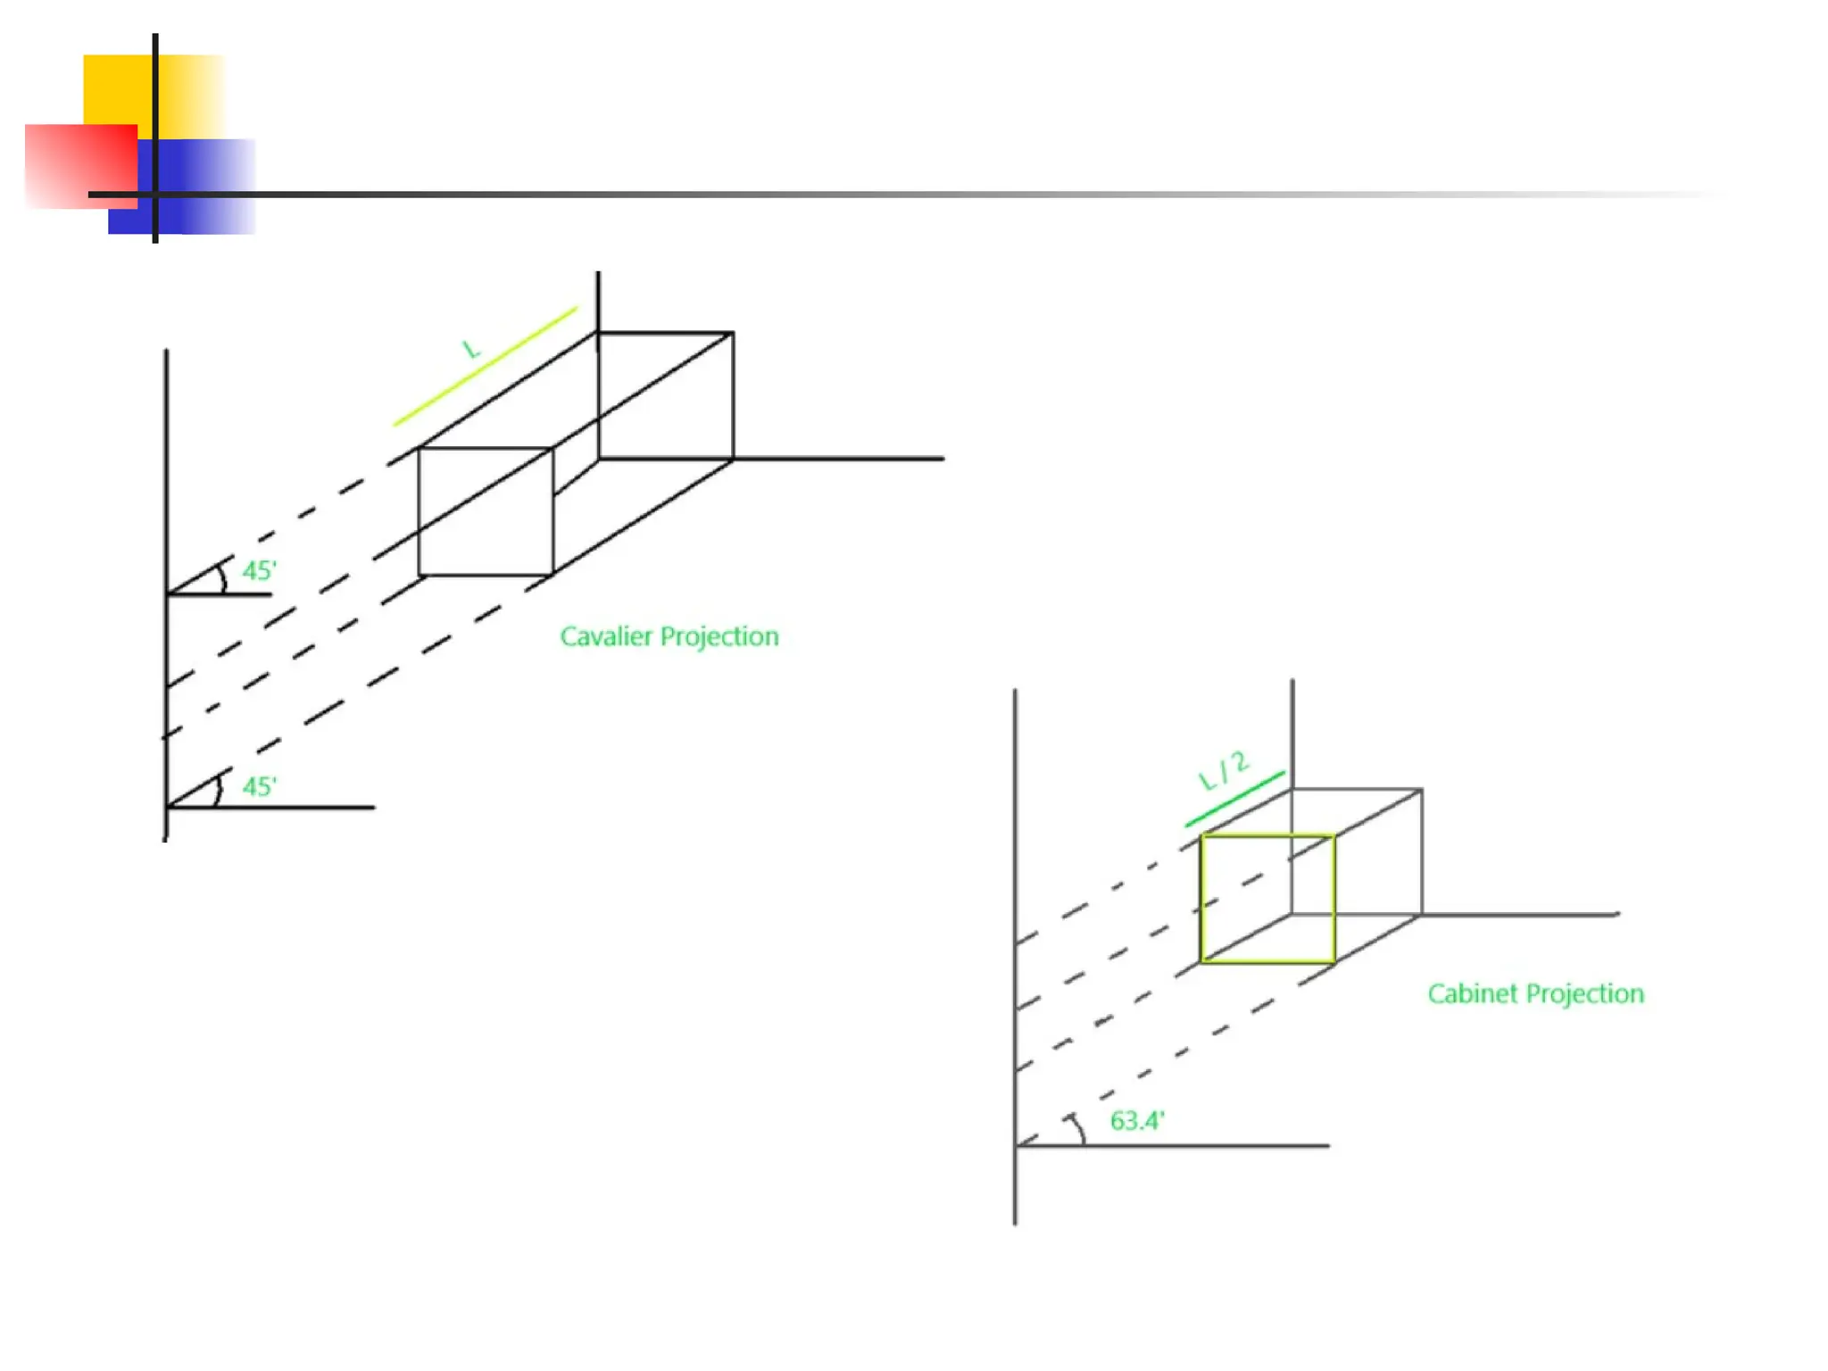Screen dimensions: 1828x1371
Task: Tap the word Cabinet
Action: point(1473,993)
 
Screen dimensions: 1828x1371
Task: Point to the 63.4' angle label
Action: point(1137,1121)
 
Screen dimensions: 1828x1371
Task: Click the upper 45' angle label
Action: point(260,571)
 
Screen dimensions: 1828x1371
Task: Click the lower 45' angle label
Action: point(260,786)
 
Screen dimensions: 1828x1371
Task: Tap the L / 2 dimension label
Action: point(1224,771)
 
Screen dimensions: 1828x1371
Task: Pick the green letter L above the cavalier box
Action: point(471,348)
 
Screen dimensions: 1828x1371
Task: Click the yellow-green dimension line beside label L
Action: point(486,366)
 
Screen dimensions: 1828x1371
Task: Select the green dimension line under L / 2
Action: point(1235,799)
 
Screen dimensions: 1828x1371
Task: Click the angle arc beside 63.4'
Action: point(1080,1128)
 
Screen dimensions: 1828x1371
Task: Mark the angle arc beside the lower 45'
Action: point(218,791)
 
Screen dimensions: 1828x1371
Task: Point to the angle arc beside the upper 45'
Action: point(223,577)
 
